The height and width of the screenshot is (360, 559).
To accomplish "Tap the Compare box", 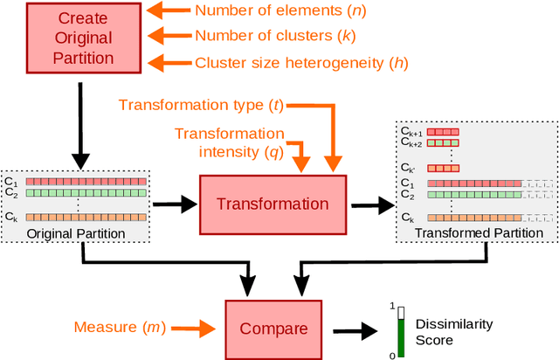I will tap(273, 329).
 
